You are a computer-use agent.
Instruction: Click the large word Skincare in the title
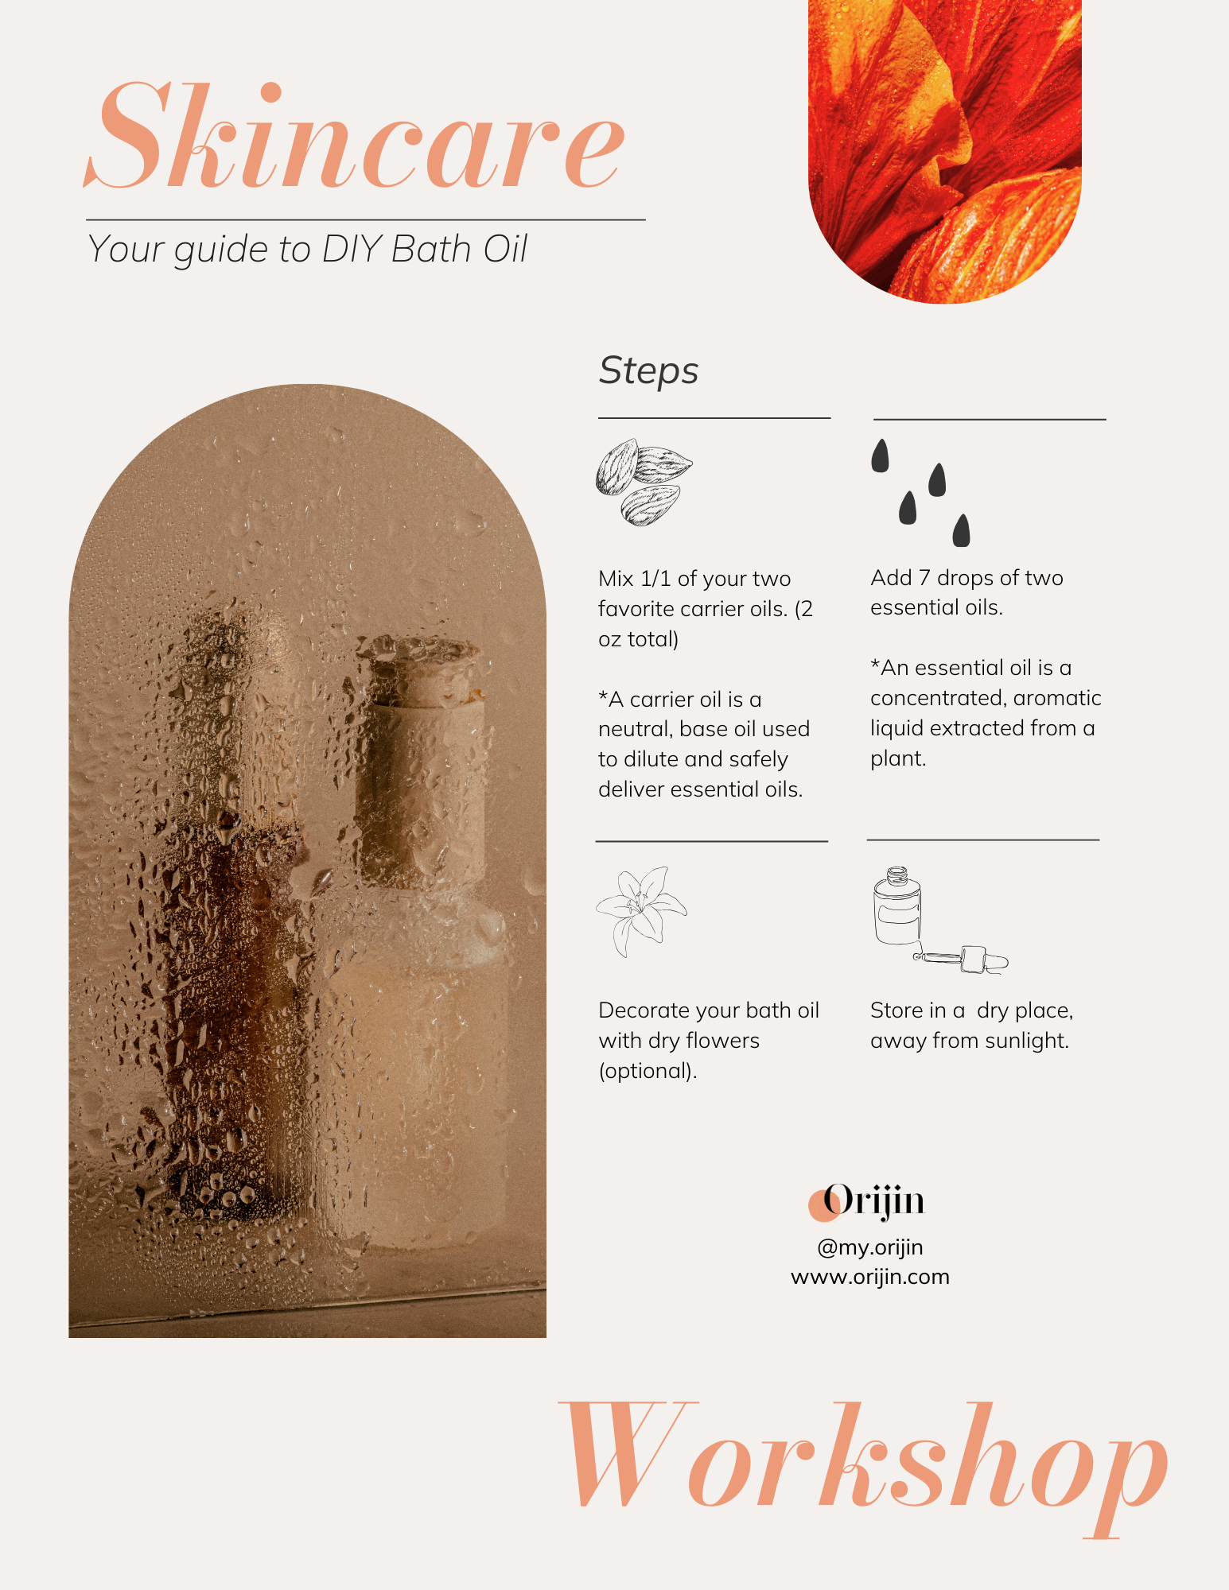[x=354, y=137]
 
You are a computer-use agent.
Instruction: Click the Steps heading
[x=648, y=371]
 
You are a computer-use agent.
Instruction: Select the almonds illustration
[x=644, y=483]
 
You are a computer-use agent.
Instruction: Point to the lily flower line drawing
[x=641, y=910]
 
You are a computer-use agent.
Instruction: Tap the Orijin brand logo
[x=867, y=1201]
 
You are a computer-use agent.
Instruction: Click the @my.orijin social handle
[x=870, y=1247]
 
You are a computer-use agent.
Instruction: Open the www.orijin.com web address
[x=870, y=1277]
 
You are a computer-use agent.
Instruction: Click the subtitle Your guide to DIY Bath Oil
[x=307, y=250]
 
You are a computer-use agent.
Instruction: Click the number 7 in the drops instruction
[x=924, y=578]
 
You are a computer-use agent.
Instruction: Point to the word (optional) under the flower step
[x=648, y=1071]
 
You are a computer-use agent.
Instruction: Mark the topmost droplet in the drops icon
[x=880, y=456]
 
